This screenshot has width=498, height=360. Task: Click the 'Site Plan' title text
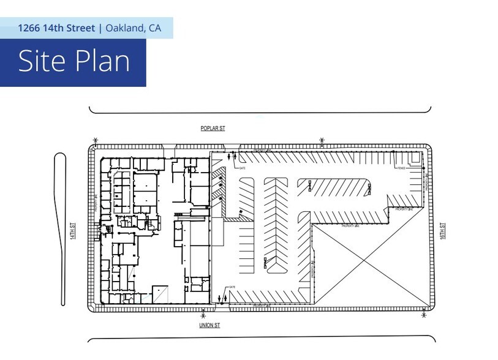[x=74, y=62]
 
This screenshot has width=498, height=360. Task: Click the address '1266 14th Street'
[x=56, y=28]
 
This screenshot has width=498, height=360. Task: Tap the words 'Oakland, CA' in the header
[x=134, y=28]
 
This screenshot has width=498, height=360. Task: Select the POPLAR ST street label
[x=213, y=129]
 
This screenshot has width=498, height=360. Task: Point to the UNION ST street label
[x=209, y=325]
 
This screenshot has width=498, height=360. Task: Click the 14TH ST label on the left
[x=72, y=230]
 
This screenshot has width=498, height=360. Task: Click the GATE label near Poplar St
[x=242, y=168]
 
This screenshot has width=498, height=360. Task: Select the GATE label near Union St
[x=232, y=287]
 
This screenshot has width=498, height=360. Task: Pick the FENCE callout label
[x=402, y=168]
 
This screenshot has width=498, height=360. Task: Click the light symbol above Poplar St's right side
[x=322, y=140]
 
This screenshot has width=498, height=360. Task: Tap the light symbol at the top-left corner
[x=95, y=140]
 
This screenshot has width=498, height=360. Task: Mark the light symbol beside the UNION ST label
[x=203, y=315]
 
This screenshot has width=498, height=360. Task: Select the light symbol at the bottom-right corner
[x=424, y=315]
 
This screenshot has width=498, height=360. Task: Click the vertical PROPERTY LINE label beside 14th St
[x=97, y=203]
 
